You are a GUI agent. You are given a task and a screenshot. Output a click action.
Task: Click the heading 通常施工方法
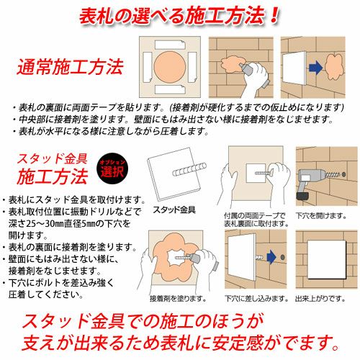[x=70, y=67]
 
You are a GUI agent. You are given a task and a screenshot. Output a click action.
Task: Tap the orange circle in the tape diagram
[x=169, y=67]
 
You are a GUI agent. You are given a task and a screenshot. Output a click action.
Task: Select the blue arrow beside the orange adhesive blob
[x=315, y=67]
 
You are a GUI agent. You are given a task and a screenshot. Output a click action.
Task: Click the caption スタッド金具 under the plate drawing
[x=174, y=210]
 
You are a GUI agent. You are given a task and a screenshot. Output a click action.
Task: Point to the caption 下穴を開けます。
[x=321, y=216]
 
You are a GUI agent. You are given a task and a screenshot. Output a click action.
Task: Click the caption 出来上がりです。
[x=320, y=299]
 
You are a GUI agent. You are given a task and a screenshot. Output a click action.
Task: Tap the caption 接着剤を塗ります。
[x=178, y=299]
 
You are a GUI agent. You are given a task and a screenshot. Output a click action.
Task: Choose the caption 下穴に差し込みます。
[x=256, y=299]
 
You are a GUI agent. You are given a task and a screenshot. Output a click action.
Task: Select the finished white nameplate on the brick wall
[x=327, y=259]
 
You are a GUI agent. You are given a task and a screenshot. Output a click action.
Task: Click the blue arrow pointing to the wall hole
[x=271, y=257]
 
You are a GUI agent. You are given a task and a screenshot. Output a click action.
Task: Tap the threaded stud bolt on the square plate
[x=189, y=169]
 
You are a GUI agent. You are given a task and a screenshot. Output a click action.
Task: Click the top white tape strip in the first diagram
[x=170, y=45]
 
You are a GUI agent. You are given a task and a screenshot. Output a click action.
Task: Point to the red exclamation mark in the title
[x=274, y=16]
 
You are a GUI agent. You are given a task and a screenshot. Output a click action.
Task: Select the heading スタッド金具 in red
[x=52, y=158]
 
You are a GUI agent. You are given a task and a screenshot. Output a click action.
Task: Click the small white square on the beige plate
[x=256, y=173]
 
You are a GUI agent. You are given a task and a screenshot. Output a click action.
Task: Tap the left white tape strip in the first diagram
[x=148, y=67]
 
